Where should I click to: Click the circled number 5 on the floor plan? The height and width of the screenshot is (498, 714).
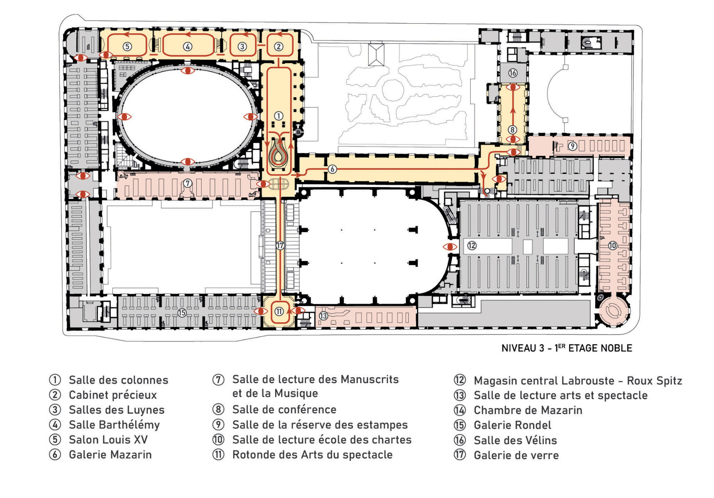127,46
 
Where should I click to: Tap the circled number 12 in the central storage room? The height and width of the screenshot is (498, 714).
472,246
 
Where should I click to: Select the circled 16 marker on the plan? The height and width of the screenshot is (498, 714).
513,73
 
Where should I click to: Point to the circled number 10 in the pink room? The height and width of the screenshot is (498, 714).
613,246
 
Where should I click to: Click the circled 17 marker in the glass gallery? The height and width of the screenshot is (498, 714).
280,246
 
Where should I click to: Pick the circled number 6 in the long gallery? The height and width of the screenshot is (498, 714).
332,169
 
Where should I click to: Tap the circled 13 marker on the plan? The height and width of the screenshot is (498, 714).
323,316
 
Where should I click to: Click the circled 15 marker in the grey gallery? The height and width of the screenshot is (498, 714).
182,313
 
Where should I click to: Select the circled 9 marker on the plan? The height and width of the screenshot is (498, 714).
572,146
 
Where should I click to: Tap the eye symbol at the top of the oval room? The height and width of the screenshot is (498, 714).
188,71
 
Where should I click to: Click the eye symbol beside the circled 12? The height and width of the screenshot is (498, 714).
450,247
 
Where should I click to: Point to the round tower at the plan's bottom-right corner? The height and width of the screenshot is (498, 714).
613,310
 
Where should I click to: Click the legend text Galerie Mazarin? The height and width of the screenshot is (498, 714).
110,455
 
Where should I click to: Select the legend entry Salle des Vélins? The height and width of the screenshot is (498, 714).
515,440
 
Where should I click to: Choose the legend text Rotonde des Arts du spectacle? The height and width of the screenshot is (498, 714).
312,455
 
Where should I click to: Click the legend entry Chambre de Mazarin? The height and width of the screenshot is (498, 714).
528,410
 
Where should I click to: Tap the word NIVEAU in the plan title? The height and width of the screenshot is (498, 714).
518,348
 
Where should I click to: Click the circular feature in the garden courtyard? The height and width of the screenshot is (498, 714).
393,90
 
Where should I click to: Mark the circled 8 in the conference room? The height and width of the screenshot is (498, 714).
513,130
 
